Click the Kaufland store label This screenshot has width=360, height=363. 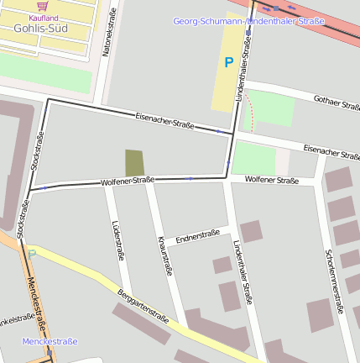[x=43, y=17]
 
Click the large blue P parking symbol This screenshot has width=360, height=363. [x=228, y=61]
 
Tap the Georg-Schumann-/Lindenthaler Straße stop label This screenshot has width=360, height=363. [x=248, y=21]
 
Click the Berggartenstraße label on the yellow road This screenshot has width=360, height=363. [x=143, y=306]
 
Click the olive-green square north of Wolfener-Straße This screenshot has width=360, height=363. [x=134, y=162]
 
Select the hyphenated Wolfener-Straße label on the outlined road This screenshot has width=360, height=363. [x=128, y=181]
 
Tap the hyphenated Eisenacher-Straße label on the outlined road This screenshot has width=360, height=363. [x=164, y=120]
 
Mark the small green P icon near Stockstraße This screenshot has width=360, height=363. [x=32, y=253]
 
